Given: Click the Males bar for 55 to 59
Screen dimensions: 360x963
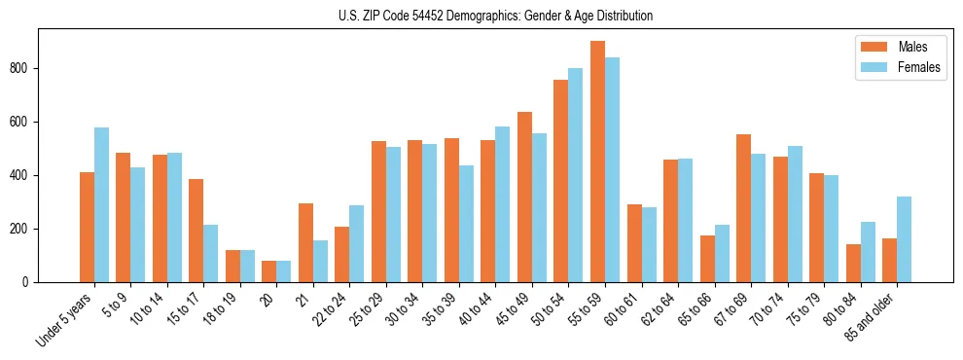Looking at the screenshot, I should coord(597,162).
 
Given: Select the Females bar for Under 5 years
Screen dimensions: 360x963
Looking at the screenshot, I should coord(101,204).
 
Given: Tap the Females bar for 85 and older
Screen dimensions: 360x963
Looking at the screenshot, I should coord(904,239).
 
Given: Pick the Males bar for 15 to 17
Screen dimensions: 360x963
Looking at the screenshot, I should coord(196,231).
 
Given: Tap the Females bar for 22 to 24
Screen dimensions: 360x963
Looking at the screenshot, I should coord(357,243).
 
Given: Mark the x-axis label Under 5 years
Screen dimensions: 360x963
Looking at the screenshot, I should coord(64,317).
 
